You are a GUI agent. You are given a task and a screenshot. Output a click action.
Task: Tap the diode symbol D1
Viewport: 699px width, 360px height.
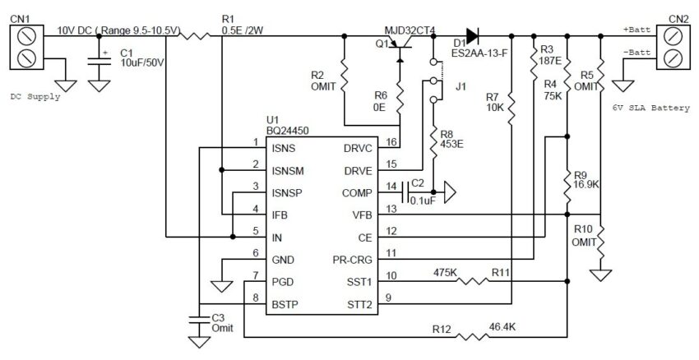473,35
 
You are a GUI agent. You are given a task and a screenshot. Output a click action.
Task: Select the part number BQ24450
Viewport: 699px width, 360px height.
287,131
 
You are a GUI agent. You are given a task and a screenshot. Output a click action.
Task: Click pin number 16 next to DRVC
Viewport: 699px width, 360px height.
391,142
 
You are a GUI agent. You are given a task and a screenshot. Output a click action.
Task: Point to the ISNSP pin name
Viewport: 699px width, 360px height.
287,193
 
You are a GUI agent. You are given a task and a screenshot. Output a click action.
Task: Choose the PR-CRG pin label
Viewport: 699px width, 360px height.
352,261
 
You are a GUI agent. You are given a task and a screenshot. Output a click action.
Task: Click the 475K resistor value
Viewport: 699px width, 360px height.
445,272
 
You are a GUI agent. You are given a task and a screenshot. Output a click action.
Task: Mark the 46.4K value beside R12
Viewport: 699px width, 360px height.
502,326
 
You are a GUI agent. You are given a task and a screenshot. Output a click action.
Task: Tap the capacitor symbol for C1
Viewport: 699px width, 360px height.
99,60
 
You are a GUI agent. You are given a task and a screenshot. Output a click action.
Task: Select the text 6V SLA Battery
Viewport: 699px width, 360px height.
651,108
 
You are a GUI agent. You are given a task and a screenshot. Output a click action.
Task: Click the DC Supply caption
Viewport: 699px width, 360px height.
35,97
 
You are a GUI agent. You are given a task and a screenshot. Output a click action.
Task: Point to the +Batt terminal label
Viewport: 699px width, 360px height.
637,30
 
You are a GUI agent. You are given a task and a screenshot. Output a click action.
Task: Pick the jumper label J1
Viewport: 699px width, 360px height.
461,86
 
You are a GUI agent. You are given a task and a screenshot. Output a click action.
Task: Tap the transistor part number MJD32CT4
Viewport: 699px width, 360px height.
410,30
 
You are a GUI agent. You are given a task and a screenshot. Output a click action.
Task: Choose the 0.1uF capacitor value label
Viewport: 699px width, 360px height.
423,201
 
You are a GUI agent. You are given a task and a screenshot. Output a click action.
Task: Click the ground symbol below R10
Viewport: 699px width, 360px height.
600,275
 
